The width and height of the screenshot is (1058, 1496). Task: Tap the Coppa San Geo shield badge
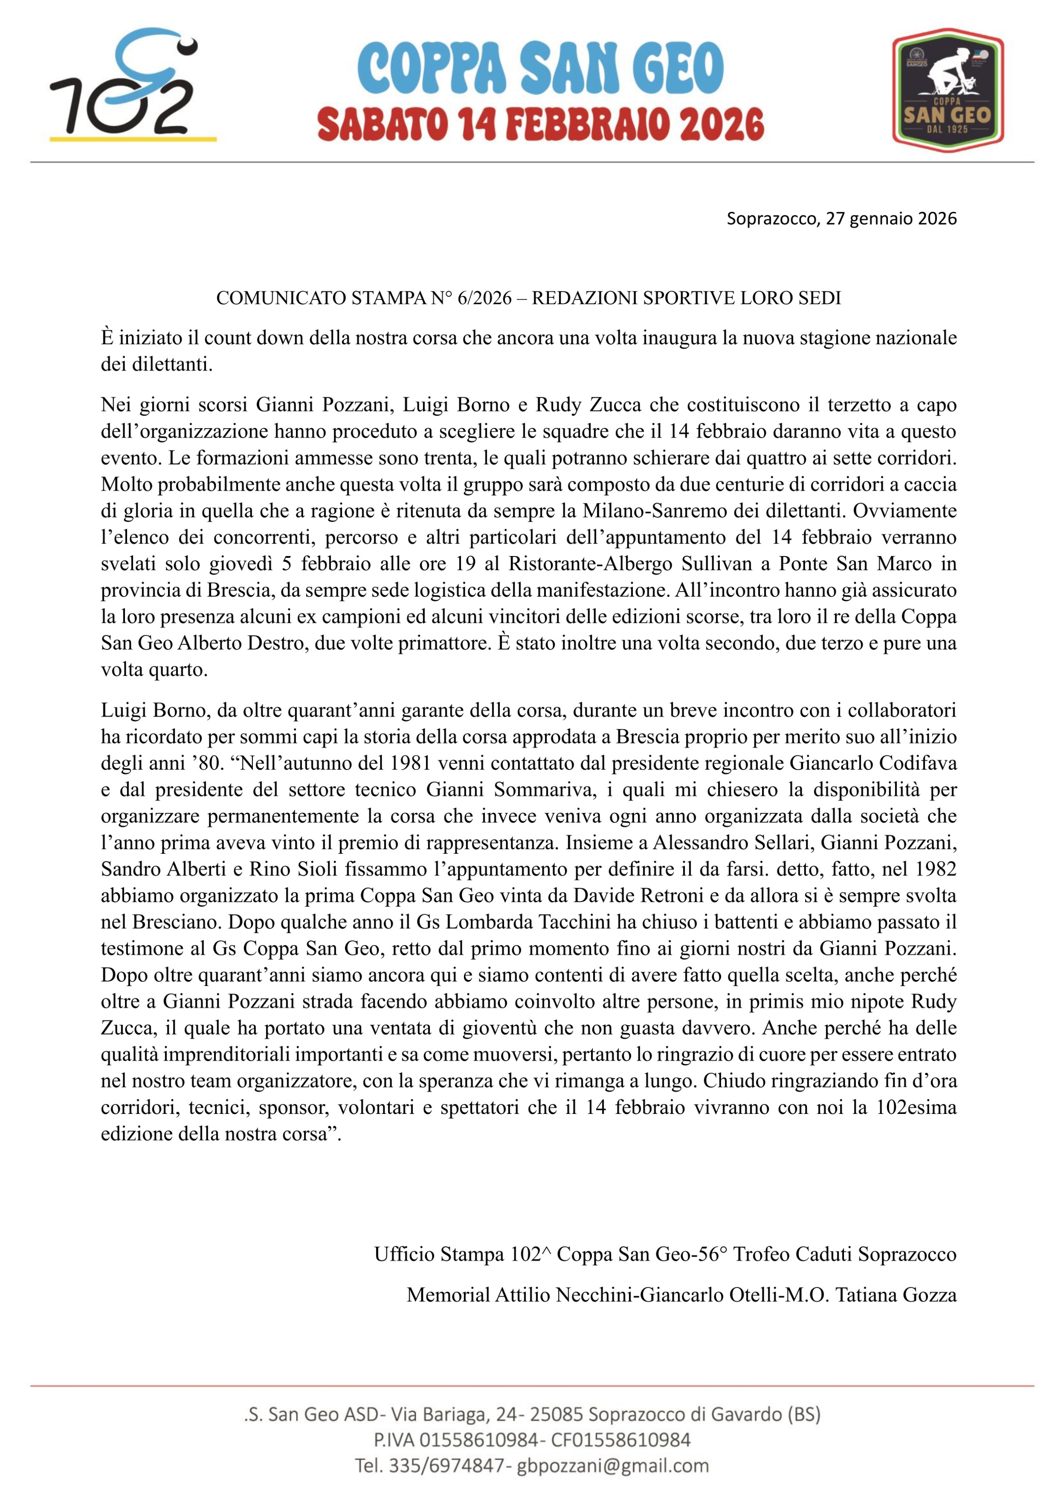point(947,86)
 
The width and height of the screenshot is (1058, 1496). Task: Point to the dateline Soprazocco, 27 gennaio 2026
point(841,218)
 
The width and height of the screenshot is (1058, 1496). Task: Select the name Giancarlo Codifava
point(873,762)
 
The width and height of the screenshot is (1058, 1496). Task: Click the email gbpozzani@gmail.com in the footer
point(613,1465)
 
